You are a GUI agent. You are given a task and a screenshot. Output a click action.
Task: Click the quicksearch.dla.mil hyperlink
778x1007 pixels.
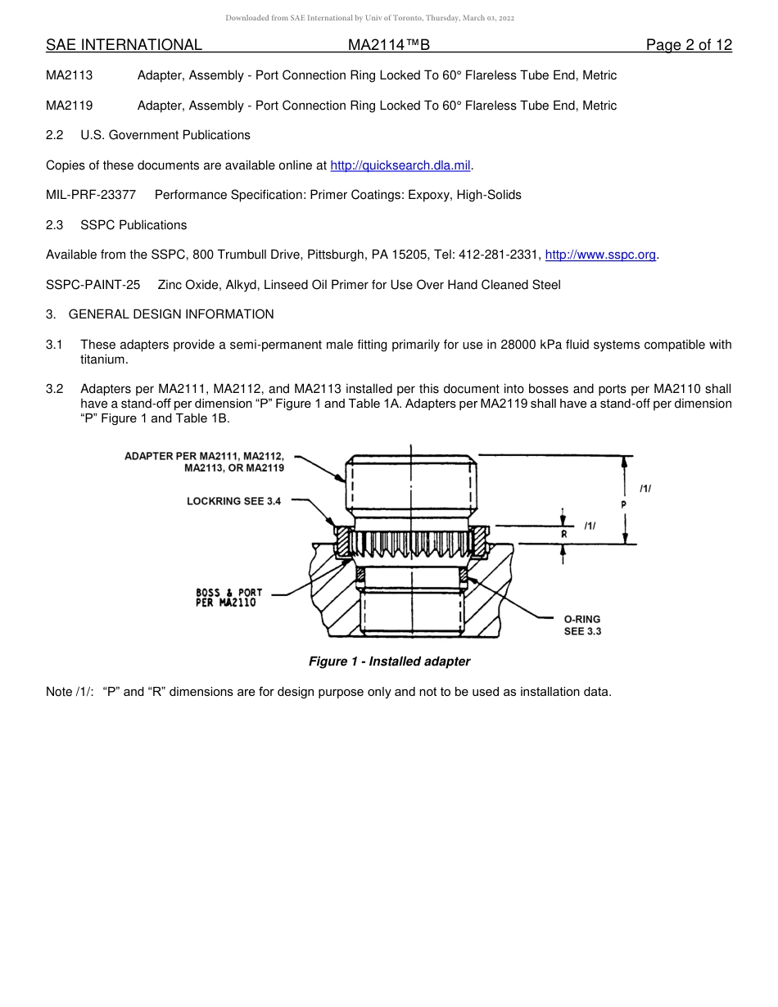click(400, 165)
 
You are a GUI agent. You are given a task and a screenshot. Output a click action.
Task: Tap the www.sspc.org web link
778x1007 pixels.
click(600, 255)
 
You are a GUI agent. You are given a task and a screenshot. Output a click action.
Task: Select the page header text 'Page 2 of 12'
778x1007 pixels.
click(689, 45)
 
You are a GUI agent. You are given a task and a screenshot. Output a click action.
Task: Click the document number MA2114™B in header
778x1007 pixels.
click(388, 45)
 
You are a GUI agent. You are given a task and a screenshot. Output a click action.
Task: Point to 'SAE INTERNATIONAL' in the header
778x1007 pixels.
click(124, 45)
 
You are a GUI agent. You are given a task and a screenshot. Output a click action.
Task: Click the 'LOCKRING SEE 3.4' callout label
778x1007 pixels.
click(233, 501)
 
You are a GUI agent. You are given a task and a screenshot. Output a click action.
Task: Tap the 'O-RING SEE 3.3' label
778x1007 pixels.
click(582, 625)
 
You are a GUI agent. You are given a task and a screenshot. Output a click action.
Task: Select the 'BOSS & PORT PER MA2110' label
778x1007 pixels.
click(229, 598)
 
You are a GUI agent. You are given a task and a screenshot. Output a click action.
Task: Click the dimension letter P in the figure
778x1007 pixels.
click(624, 505)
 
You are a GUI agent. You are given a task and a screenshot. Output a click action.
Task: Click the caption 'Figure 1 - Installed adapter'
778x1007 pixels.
click(389, 662)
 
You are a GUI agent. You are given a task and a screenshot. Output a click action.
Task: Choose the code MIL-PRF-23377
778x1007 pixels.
click(91, 195)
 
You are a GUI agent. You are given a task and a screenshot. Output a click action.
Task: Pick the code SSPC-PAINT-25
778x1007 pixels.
click(93, 285)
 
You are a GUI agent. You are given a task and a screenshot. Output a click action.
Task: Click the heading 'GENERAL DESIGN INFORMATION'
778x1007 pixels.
click(171, 314)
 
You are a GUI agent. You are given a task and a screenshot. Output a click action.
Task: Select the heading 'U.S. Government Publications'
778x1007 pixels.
click(165, 135)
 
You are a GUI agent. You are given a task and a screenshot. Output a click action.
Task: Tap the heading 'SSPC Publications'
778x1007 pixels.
click(133, 225)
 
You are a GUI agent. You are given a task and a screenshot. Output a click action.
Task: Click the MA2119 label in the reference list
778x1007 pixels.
click(69, 106)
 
